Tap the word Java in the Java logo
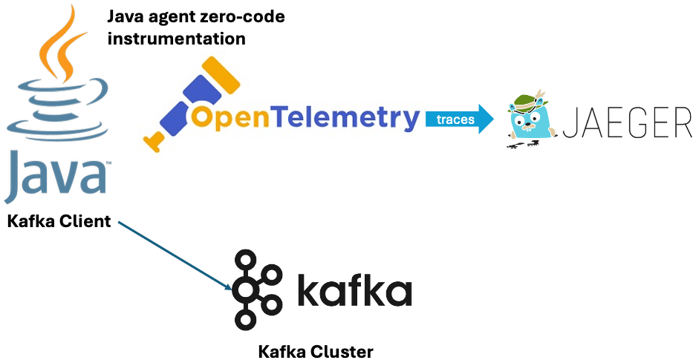(x=56, y=177)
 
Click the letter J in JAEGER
(x=569, y=122)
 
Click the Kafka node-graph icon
(x=256, y=289)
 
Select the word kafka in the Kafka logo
(x=354, y=291)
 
